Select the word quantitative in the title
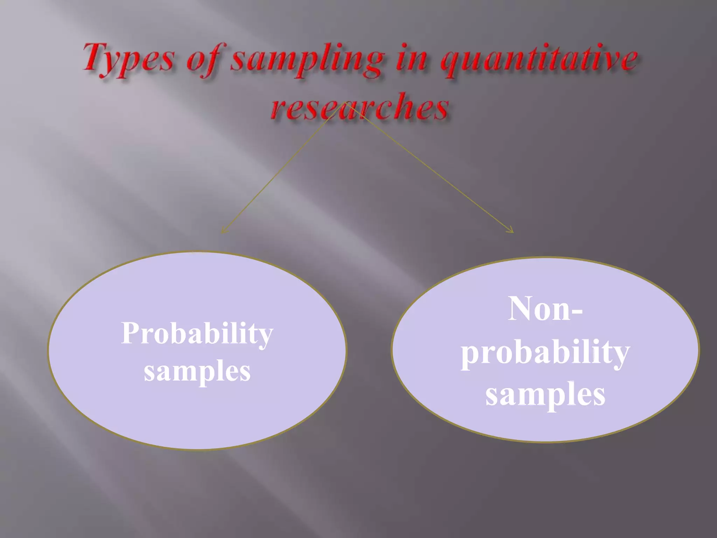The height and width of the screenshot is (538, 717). [x=539, y=60]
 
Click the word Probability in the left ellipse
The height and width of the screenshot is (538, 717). [x=197, y=333]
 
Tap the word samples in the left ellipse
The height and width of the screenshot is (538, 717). [x=197, y=372]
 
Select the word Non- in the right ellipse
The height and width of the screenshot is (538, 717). [x=545, y=309]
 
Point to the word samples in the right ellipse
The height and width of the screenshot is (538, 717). [x=545, y=394]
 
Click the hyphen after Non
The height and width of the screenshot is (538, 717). [x=577, y=311]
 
